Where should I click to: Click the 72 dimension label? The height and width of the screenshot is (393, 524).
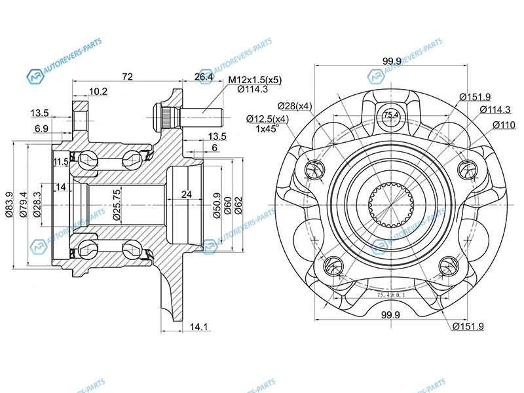pos(127,77)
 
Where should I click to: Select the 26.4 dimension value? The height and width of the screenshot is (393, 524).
pos(204,77)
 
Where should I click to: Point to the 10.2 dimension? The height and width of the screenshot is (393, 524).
pos(98,92)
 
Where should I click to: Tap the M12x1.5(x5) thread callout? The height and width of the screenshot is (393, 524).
pos(255,80)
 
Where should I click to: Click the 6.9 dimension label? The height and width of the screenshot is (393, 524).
pos(41,129)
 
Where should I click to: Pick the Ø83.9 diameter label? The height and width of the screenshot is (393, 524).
pos(10,203)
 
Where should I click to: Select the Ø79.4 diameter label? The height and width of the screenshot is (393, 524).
pos(24,203)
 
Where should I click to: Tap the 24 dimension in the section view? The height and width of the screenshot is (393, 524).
pos(186,194)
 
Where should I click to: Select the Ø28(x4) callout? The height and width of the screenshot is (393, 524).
pos(294,105)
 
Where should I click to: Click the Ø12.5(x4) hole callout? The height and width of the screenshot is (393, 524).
pos(267,119)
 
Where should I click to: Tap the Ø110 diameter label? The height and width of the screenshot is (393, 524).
pos(504,124)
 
